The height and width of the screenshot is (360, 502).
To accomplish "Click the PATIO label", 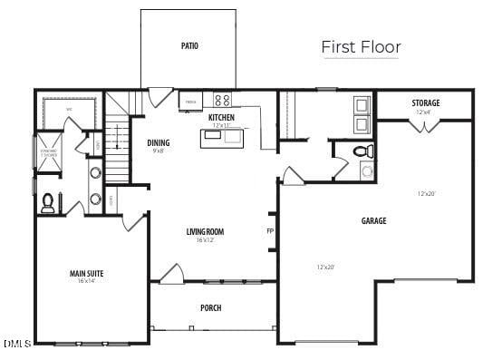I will (189, 45).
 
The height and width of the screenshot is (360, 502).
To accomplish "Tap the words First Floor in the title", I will (361, 47).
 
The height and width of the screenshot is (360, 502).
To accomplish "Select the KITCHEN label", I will (221, 118).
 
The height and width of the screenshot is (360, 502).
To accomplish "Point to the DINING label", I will (159, 142).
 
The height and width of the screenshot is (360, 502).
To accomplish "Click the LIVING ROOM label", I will (205, 231).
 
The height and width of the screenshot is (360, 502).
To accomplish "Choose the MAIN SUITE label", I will (86, 273).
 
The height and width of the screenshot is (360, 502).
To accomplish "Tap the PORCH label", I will (210, 307).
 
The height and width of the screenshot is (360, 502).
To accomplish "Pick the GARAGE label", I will (373, 220).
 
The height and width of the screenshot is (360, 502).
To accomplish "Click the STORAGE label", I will (425, 103).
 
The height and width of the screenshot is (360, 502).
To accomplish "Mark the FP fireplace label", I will (269, 231).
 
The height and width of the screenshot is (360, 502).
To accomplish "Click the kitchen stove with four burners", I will (222, 100).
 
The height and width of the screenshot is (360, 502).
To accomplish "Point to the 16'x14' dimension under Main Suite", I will (86, 282).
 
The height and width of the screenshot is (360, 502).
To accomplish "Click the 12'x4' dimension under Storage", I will (424, 112).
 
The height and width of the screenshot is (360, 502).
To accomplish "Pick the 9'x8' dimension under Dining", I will (159, 151).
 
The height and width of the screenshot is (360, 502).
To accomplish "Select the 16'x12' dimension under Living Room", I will (205, 240).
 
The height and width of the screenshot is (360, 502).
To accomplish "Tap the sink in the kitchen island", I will (212, 135).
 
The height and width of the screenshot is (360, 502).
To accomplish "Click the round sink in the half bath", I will (366, 170).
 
